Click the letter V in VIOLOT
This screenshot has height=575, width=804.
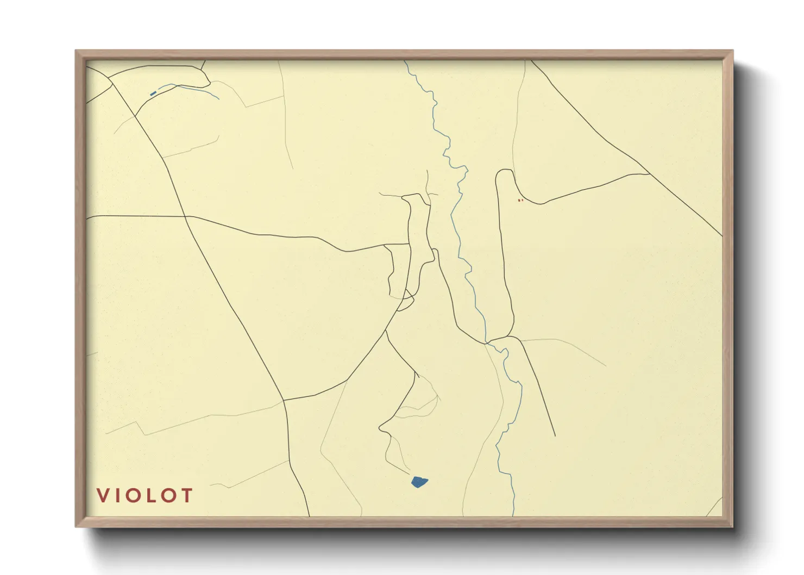[x=103, y=495]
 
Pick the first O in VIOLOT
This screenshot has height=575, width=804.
[x=138, y=495]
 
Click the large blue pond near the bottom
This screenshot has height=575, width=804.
[x=419, y=482]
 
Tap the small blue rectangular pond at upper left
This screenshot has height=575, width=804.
[x=153, y=93]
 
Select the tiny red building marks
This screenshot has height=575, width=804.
[x=520, y=201]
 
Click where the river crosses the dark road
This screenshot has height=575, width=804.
[x=487, y=342]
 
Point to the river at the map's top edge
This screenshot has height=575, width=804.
[x=405, y=61]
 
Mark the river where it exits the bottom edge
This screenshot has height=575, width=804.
[x=513, y=514]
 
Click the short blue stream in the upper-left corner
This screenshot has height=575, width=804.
[x=190, y=88]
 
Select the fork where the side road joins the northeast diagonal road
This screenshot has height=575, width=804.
[x=649, y=174]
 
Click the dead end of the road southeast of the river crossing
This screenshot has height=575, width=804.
[x=555, y=435]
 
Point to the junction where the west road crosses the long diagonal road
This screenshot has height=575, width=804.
[x=186, y=216]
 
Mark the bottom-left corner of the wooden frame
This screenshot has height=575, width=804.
[x=77, y=526]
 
